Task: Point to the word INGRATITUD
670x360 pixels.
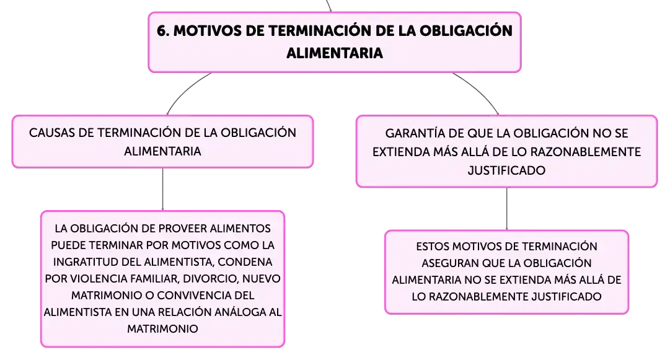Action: coord(87,261)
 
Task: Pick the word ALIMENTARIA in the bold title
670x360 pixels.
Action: coord(335,53)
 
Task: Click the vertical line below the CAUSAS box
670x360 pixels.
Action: coord(163,189)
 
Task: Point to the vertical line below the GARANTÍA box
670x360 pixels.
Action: coord(507,209)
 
